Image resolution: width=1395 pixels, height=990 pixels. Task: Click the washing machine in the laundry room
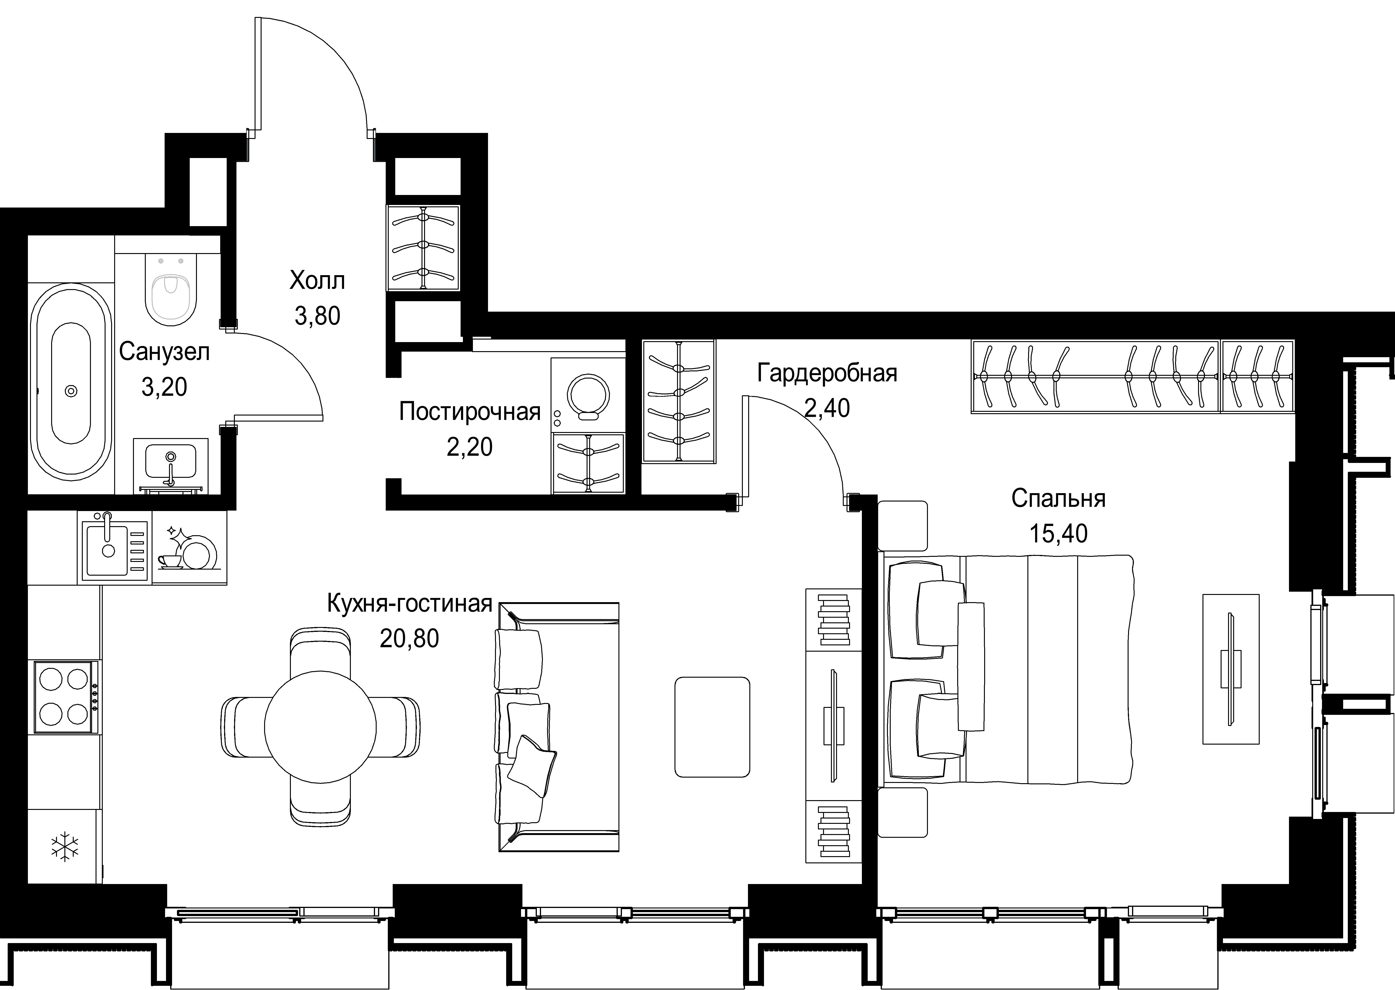(x=588, y=395)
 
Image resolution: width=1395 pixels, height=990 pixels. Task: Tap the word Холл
(x=317, y=281)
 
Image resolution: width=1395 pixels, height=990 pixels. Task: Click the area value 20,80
(x=409, y=638)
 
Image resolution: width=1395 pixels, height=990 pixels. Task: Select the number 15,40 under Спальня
(x=1058, y=533)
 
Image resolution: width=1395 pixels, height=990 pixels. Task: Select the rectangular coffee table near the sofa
(x=712, y=727)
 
